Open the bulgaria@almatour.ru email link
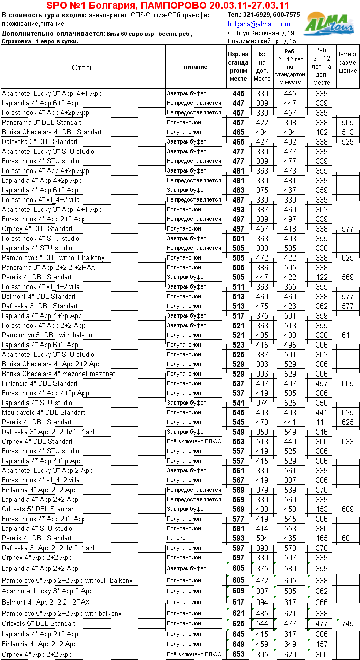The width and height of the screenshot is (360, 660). point(259,24)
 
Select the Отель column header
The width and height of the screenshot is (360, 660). point(82,67)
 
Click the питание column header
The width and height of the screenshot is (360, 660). point(196,67)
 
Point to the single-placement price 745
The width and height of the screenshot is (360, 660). point(348,624)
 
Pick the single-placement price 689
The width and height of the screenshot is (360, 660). point(348,509)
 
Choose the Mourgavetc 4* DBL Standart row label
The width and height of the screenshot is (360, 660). point(43,412)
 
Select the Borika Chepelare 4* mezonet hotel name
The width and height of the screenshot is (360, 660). point(58,374)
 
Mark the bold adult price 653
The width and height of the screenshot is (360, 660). point(238,654)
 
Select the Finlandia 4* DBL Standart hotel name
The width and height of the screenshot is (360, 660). point(40,383)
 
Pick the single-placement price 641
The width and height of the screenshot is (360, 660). point(348,335)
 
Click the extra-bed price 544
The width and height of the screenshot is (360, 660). point(262,624)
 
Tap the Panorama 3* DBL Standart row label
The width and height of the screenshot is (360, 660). point(41,123)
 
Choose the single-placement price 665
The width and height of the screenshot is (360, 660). point(348,383)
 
